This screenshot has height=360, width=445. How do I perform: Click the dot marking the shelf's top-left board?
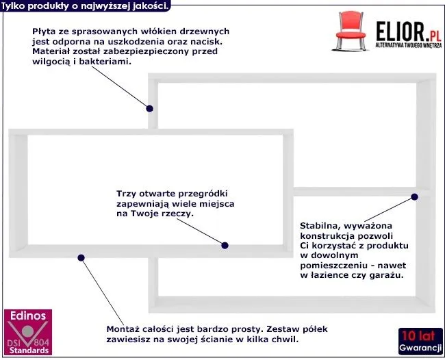click(x=150, y=107)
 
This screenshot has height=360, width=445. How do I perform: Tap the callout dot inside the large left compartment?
click(x=225, y=244)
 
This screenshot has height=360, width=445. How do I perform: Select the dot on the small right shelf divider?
click(x=414, y=196)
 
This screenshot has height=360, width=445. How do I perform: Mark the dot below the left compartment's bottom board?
click(x=81, y=258)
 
